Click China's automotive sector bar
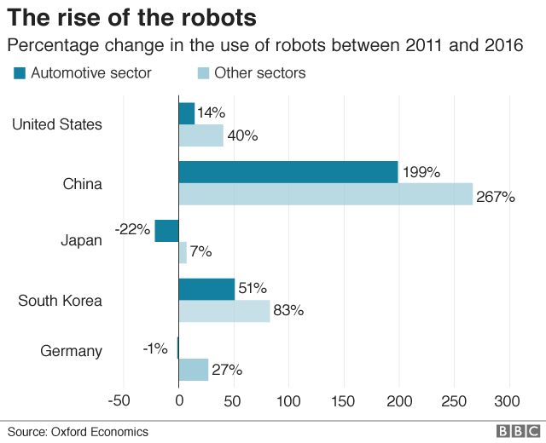(x=288, y=172)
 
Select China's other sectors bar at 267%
(x=325, y=194)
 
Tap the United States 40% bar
(x=200, y=135)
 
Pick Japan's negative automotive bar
(x=166, y=231)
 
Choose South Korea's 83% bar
(x=224, y=311)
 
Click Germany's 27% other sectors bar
(x=194, y=370)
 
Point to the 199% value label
(x=421, y=172)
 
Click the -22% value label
(x=132, y=229)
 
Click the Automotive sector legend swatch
(x=20, y=73)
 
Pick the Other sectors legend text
(x=259, y=73)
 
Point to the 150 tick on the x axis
(x=344, y=401)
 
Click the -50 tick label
(x=120, y=401)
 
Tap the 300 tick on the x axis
(x=508, y=401)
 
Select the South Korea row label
(x=60, y=301)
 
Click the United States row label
(x=57, y=124)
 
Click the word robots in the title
(x=213, y=17)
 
